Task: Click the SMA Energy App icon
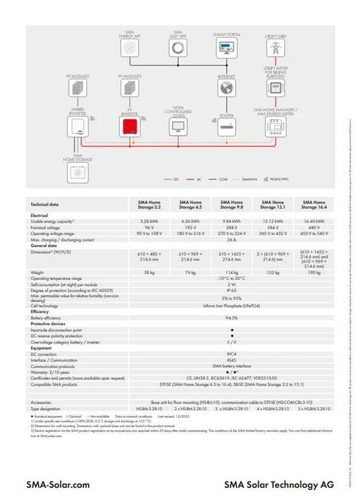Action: click(x=129, y=49)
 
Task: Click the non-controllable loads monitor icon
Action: click(x=178, y=127)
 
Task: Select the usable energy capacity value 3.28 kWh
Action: click(x=149, y=221)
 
